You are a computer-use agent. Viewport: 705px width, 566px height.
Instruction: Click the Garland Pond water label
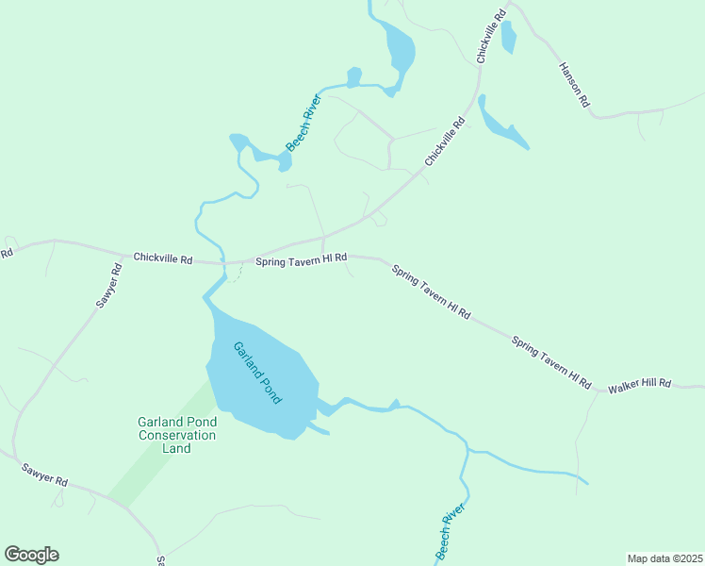[x=257, y=373]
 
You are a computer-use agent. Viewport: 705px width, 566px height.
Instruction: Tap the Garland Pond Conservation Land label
[x=177, y=435]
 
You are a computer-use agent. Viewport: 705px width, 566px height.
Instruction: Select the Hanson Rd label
[x=574, y=85]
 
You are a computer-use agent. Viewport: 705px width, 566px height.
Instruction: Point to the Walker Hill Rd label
[x=639, y=385]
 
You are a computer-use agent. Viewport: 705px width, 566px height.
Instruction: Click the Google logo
[x=31, y=555]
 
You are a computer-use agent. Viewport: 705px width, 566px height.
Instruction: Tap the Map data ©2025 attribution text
[x=664, y=558]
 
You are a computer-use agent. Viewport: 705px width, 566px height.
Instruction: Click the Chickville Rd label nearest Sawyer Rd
[x=162, y=258]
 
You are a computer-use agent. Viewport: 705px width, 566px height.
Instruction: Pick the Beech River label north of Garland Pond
[x=304, y=123]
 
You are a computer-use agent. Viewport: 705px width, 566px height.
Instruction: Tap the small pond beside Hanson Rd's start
[x=509, y=37]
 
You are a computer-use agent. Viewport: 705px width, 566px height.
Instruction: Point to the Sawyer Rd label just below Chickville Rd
[x=109, y=286]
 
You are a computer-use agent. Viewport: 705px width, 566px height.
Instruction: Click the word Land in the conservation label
[x=177, y=448]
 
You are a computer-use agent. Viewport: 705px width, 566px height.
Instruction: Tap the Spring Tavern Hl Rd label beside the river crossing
[x=302, y=258]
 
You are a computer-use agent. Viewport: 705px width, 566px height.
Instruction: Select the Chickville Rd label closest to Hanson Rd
[x=491, y=38]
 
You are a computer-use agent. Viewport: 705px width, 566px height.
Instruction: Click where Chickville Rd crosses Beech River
[x=224, y=263]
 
